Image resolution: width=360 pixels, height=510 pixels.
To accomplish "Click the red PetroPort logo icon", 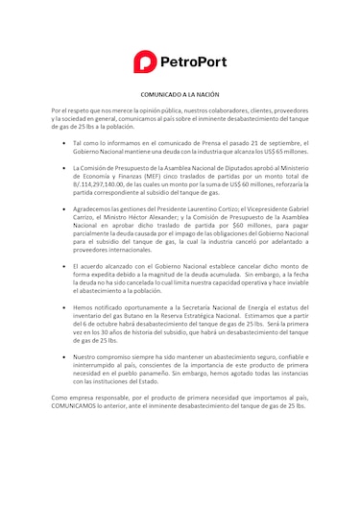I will pos(143,61).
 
